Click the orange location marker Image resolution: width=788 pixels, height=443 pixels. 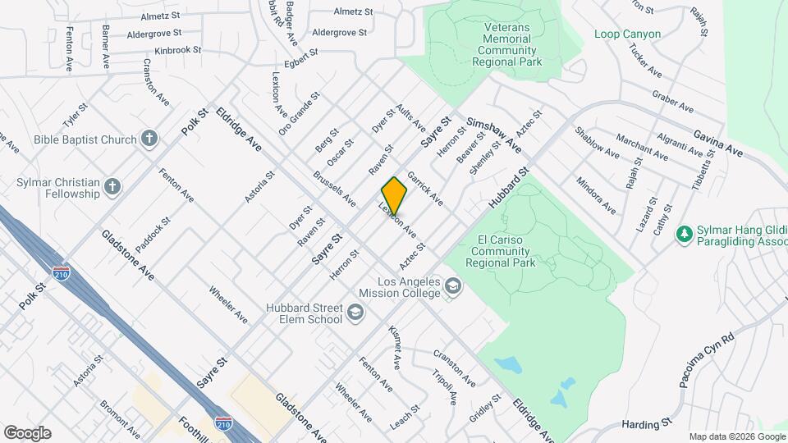pos(394,195)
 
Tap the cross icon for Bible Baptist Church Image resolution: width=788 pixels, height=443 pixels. pos(149,139)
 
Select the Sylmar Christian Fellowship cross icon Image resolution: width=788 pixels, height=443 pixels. pos(112,188)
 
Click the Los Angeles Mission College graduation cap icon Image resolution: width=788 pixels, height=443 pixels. pos(452,286)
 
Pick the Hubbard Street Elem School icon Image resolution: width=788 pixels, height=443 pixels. pos(355,313)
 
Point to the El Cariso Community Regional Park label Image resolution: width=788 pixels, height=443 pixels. pos(500,251)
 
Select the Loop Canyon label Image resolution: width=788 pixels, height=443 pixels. pos(628,34)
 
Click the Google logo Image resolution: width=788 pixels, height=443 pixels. pos(27,432)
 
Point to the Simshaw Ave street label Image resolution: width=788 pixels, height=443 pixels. pos(493,133)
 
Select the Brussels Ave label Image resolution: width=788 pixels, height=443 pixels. pos(334,188)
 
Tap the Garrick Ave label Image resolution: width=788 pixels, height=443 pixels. pos(424,188)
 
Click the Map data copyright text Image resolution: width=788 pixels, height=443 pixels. pos(735,436)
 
